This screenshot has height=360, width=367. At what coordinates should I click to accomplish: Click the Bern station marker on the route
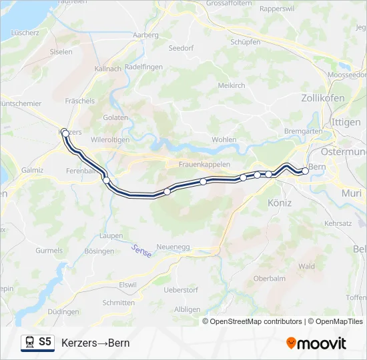pyautogui.click(x=305, y=171)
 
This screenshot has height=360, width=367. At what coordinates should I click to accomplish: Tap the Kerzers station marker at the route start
pyautogui.click(x=65, y=133)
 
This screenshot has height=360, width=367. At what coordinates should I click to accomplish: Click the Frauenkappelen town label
pyautogui.click(x=204, y=164)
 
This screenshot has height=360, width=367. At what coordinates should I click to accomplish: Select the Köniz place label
pyautogui.click(x=279, y=203)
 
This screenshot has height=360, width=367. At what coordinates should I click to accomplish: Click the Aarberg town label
pyautogui.click(x=145, y=35)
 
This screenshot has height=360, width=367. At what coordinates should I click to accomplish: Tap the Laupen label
pyautogui.click(x=110, y=236)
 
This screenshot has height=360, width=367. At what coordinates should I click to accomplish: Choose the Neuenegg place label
pyautogui.click(x=173, y=247)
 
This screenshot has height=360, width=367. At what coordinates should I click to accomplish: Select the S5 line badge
pyautogui.click(x=45, y=342)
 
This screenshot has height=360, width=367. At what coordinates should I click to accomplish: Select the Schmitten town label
pyautogui.click(x=118, y=303)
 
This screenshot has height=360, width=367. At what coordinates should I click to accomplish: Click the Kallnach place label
pyautogui.click(x=108, y=69)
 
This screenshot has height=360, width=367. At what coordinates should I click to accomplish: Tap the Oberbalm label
pyautogui.click(x=268, y=279)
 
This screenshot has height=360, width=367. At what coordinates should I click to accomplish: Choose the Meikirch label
pyautogui.click(x=232, y=85)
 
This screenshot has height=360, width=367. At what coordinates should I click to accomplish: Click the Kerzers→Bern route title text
pyautogui.click(x=95, y=343)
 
